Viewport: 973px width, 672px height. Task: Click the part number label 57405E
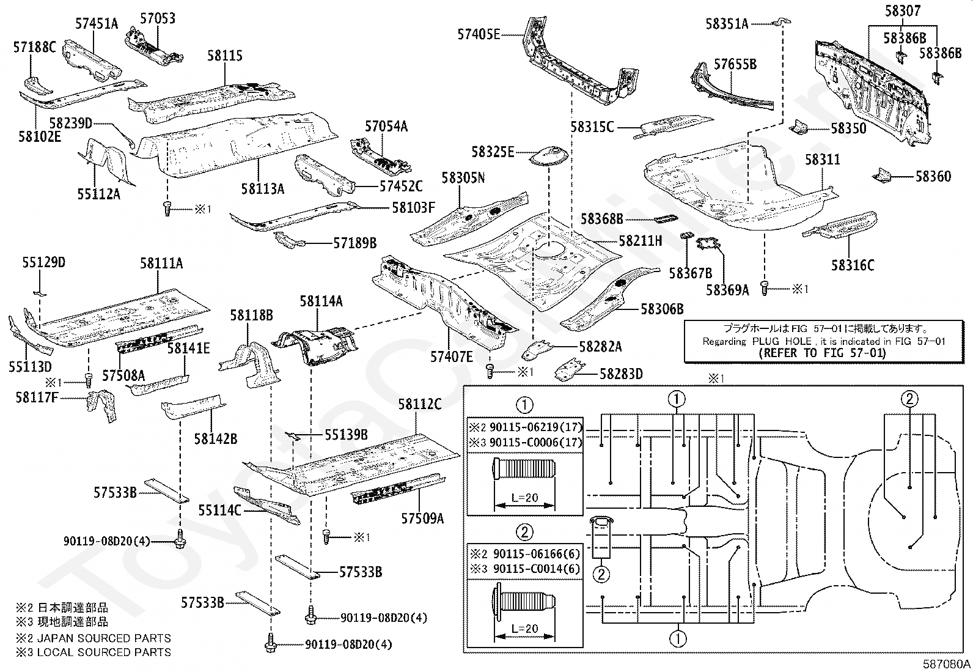click(x=479, y=34)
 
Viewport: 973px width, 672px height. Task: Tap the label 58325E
click(x=493, y=152)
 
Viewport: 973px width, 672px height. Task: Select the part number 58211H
click(x=641, y=240)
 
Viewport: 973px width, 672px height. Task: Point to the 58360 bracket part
click(x=882, y=175)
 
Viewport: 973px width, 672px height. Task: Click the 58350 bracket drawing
click(x=798, y=127)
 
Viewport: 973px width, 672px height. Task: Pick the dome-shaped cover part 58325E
click(x=549, y=157)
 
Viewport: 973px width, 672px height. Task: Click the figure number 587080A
click(x=947, y=664)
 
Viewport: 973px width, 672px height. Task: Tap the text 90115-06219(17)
click(x=536, y=427)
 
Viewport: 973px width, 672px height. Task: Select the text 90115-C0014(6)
click(x=537, y=569)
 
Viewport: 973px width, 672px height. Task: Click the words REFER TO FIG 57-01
click(x=822, y=353)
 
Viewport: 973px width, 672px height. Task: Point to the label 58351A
click(x=727, y=24)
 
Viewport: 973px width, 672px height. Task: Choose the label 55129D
click(x=44, y=262)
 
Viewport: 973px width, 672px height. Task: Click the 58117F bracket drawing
click(x=101, y=405)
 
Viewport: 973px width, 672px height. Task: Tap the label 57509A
click(x=423, y=518)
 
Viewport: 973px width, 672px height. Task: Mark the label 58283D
click(x=622, y=374)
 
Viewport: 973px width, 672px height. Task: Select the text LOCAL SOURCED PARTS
click(x=105, y=652)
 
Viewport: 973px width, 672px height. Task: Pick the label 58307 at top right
click(x=903, y=11)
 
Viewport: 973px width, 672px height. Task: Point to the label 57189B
click(x=355, y=243)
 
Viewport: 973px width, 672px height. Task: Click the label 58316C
click(x=853, y=265)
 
